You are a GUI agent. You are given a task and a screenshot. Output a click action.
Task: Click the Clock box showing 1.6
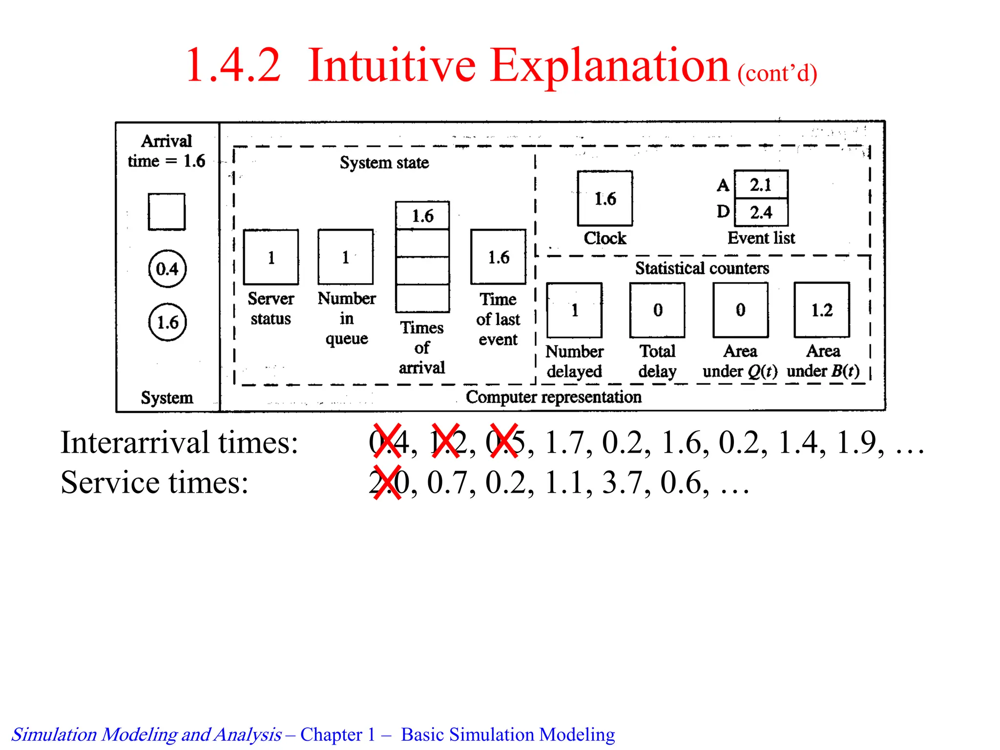604,198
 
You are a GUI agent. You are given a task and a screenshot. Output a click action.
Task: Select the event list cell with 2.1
761,185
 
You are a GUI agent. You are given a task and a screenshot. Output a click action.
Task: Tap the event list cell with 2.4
761,212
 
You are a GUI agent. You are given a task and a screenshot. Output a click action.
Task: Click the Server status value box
271,257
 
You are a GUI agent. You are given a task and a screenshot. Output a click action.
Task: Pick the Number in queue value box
345,257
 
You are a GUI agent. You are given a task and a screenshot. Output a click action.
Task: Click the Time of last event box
498,257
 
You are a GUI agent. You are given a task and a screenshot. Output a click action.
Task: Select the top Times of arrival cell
422,216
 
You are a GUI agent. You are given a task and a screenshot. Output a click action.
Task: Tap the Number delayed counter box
574,310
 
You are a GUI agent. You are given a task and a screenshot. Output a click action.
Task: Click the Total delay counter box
657,310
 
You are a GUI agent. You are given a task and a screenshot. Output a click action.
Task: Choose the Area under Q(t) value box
740,310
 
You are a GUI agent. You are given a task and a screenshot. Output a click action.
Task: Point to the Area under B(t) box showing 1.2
822,310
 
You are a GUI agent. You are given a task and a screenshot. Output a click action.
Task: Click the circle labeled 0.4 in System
167,269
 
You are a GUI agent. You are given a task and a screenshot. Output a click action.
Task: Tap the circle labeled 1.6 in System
167,322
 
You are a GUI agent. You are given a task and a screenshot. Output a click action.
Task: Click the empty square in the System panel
167,212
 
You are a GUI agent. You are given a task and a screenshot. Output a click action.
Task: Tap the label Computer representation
553,397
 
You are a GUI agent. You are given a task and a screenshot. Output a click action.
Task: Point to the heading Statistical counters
702,268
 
